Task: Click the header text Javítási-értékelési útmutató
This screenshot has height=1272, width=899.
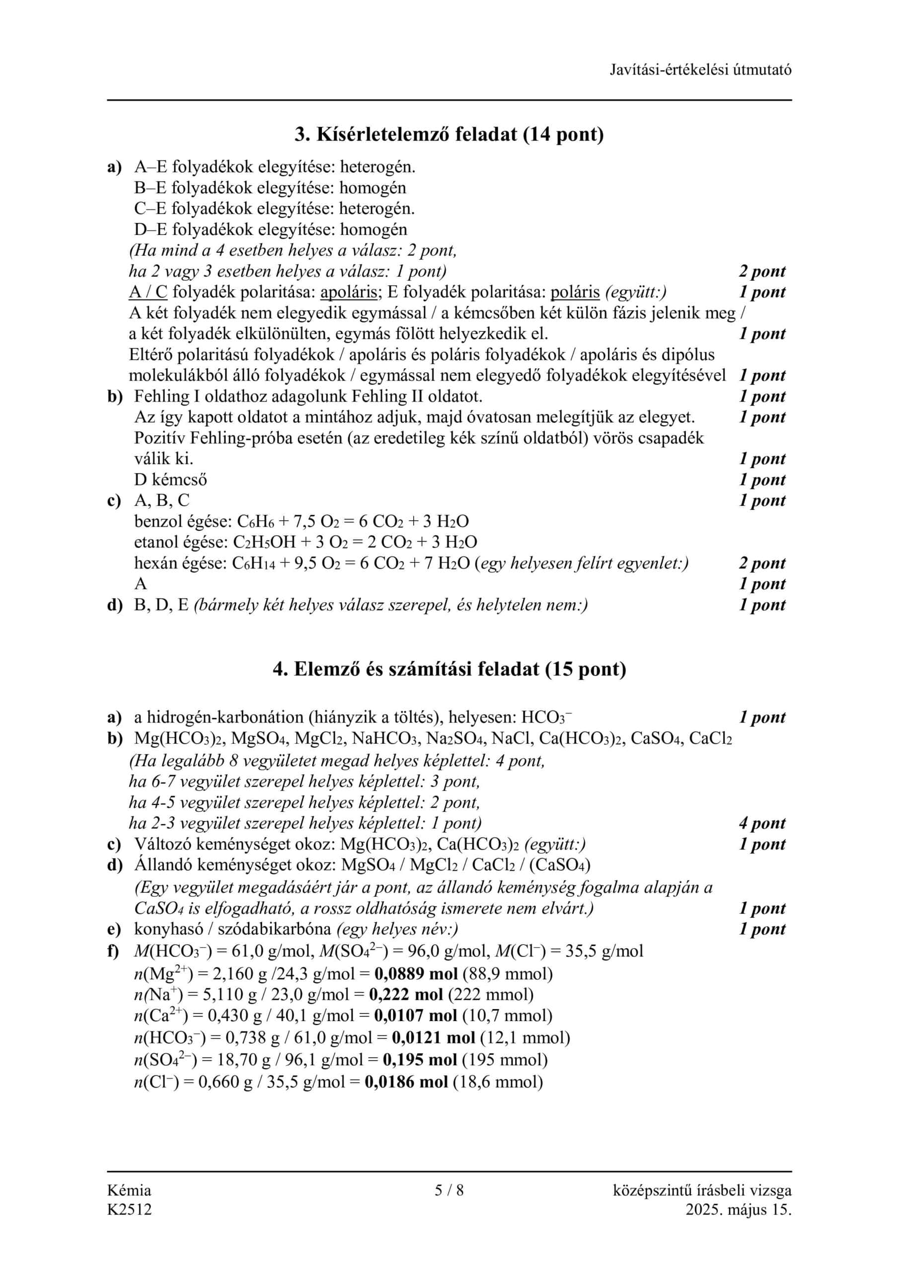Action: pyautogui.click(x=700, y=70)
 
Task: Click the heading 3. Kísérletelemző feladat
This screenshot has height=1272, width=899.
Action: pyautogui.click(x=449, y=134)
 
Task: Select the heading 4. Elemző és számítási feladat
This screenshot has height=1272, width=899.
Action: pyautogui.click(x=449, y=669)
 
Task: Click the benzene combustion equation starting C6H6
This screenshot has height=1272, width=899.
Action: pyautogui.click(x=353, y=521)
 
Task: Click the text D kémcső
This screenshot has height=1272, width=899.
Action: pyautogui.click(x=170, y=479)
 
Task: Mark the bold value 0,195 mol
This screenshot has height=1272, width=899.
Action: pyautogui.click(x=420, y=1060)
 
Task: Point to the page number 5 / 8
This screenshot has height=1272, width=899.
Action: pyautogui.click(x=449, y=1190)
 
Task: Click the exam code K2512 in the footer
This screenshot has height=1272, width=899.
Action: pyautogui.click(x=129, y=1209)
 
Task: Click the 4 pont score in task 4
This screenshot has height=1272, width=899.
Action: pyautogui.click(x=761, y=823)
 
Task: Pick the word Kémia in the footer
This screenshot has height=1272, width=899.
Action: pyautogui.click(x=129, y=1190)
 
